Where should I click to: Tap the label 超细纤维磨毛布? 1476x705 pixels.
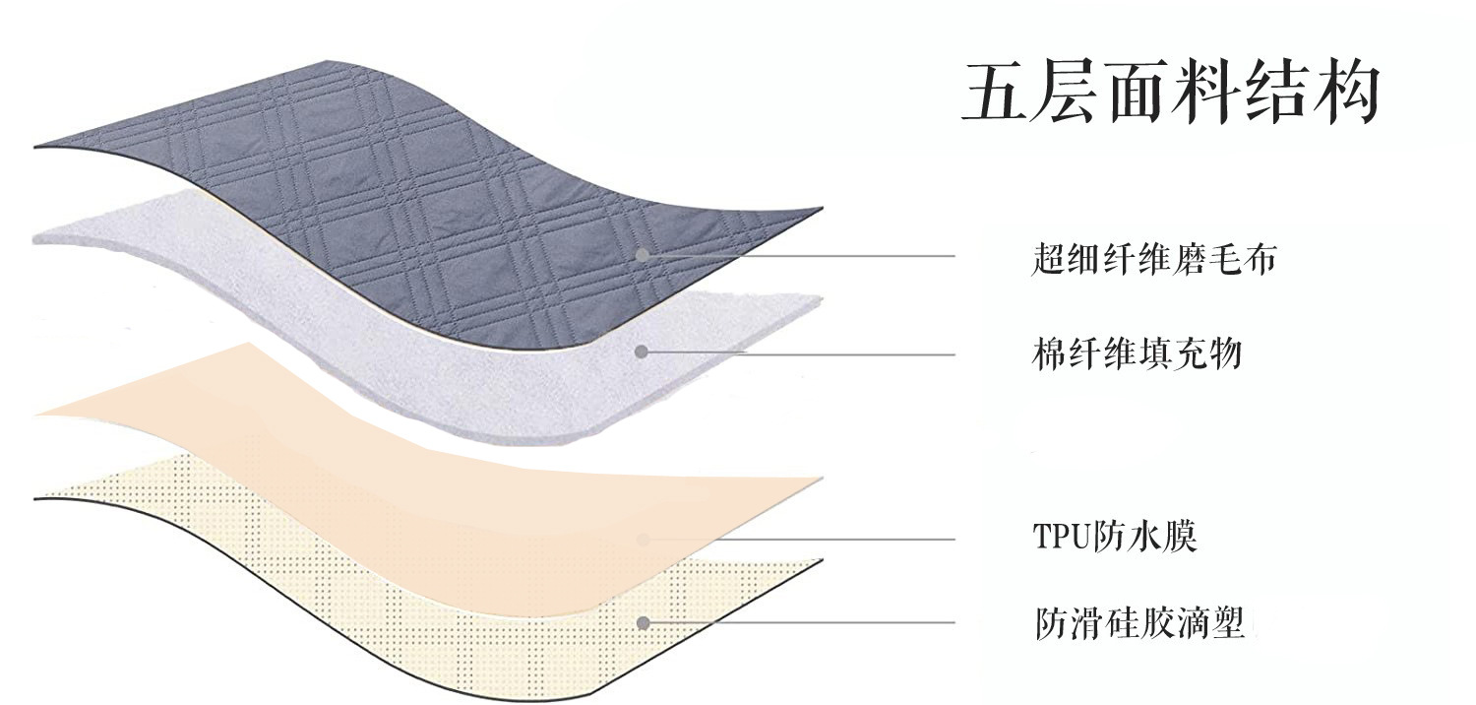point(1154,260)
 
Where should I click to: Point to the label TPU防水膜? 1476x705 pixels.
point(1114,538)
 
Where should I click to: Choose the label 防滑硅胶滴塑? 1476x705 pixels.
point(1139,623)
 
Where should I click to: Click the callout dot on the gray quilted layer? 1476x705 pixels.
point(642,255)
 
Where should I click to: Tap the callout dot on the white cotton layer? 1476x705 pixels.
point(642,352)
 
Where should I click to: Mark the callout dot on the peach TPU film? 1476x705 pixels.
point(644,539)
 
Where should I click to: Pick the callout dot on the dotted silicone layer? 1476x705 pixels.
point(644,622)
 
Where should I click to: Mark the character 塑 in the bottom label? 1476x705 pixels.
point(1228,623)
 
